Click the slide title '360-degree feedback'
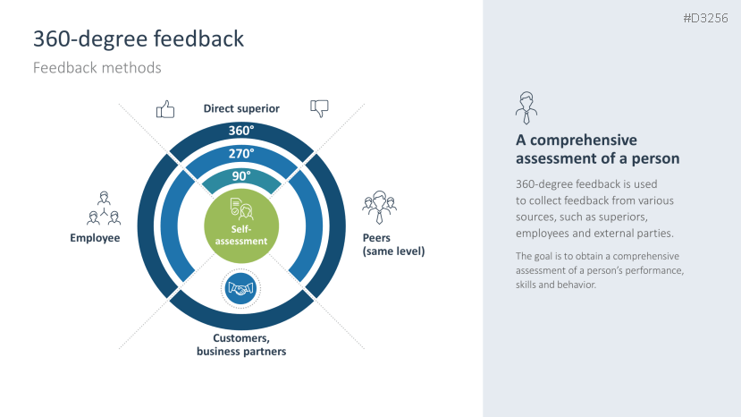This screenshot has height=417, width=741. [x=139, y=38]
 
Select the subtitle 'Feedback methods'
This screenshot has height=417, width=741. [x=97, y=68]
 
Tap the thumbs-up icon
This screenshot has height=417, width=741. [x=165, y=109]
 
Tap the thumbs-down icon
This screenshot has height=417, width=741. [x=319, y=108]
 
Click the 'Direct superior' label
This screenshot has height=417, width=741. [x=241, y=109]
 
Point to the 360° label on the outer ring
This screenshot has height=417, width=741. [x=241, y=131]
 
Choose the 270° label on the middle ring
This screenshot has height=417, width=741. [x=241, y=154]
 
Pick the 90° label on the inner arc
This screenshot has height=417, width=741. [x=241, y=176]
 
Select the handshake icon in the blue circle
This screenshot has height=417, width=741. [x=241, y=289]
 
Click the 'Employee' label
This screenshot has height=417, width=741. [x=95, y=238]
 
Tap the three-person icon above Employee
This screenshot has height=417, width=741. [x=104, y=208]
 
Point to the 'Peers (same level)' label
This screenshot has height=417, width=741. [x=393, y=245]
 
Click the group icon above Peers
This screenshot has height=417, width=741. [x=380, y=208]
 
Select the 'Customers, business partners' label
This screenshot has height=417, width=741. [x=241, y=345]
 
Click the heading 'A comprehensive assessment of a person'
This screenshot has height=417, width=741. [x=598, y=149]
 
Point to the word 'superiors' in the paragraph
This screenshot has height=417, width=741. [x=620, y=217]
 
